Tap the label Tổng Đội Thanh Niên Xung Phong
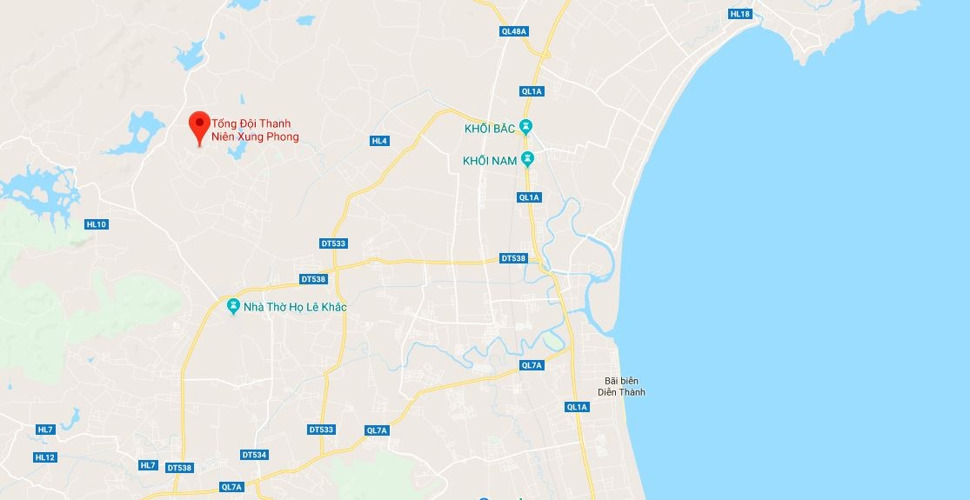pos(255,130)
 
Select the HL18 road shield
pos(740,14)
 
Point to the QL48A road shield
pos(515,31)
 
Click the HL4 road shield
pos(379,141)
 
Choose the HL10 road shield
pos(97,224)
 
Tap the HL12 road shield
pos(45,457)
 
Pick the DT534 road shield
pos(254,455)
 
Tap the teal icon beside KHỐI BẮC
pos(525,126)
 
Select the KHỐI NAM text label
pos(490,160)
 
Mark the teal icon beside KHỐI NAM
pos(525,160)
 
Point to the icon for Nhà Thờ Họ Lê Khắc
pos(232,307)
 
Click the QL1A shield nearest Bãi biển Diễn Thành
pos(577,407)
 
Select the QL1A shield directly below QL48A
pos(531,90)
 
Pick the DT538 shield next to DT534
pos(179,468)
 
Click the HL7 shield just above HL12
pos(45,430)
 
